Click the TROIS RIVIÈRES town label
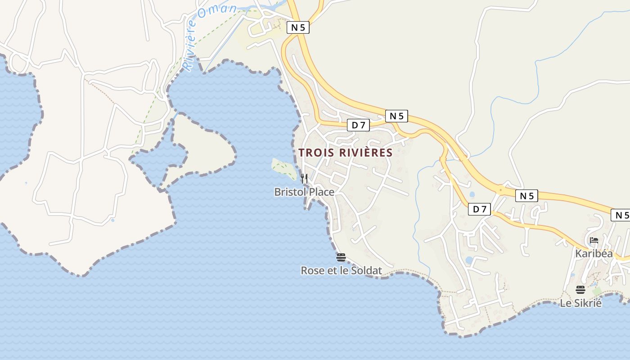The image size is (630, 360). (346, 153)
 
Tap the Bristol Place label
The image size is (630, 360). (304, 192)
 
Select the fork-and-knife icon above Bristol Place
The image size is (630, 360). (304, 179)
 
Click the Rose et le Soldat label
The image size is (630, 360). (341, 270)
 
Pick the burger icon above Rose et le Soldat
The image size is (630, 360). (341, 257)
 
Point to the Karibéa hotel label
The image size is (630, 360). (594, 254)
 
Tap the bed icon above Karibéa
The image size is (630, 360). (594, 240)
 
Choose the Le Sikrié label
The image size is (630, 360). (580, 303)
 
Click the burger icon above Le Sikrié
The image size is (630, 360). (580, 289)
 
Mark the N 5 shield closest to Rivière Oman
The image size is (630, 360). (298, 27)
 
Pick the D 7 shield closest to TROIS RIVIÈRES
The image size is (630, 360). (358, 125)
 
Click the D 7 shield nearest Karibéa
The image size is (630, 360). (480, 209)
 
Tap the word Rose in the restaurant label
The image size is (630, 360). (311, 270)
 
